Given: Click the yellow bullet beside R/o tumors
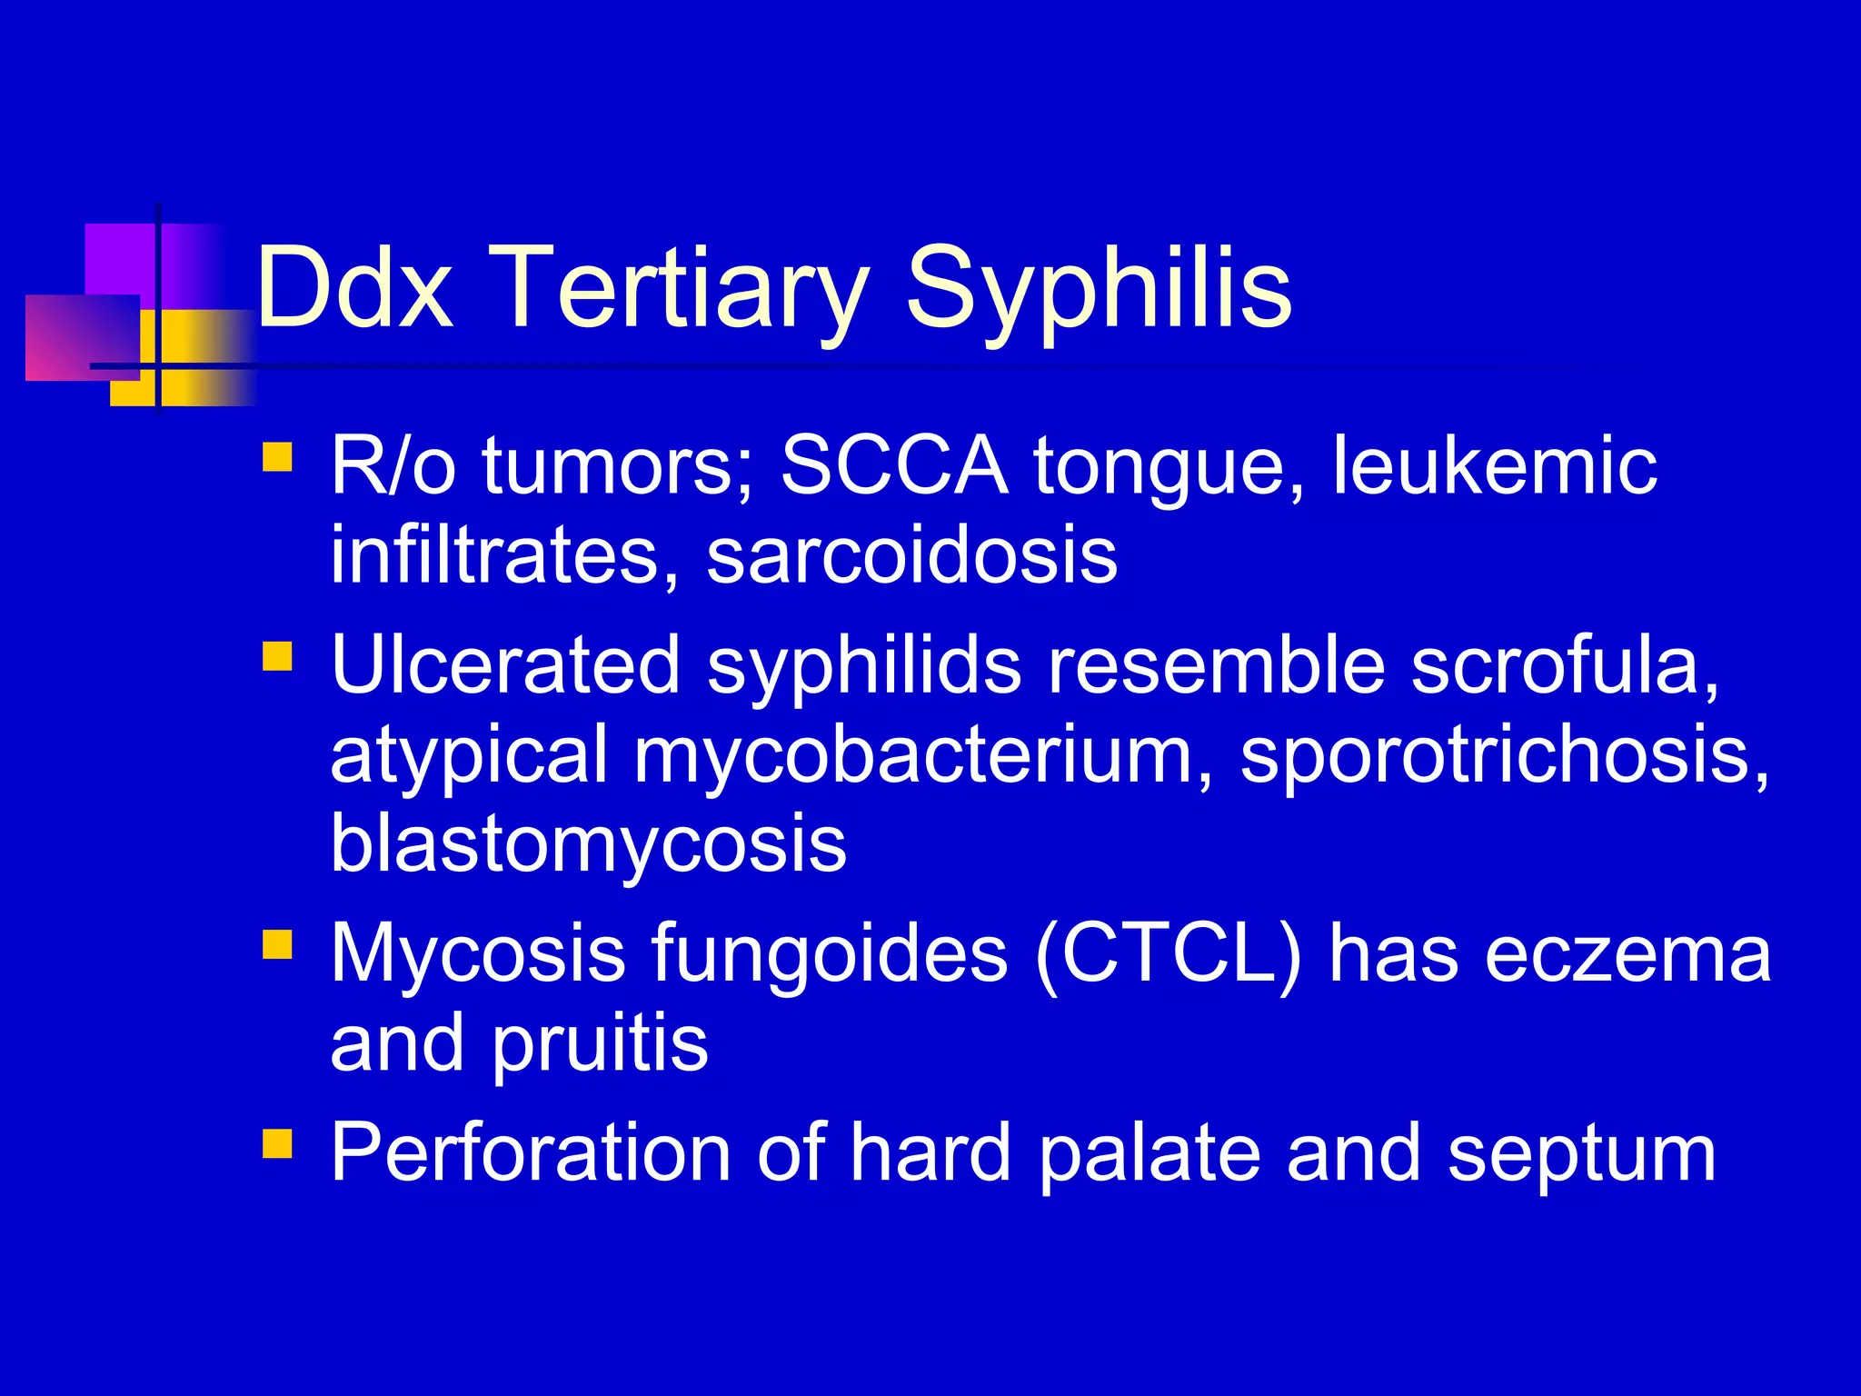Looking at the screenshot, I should [x=277, y=456].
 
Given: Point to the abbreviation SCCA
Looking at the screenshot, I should [x=894, y=466].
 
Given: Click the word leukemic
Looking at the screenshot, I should [x=1494, y=466].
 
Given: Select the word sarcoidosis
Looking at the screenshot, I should [x=911, y=555].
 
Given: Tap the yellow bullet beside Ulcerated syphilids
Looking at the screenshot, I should [x=277, y=655].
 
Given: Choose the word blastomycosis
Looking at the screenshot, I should [x=588, y=843].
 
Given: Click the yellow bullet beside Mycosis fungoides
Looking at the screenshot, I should [x=277, y=944].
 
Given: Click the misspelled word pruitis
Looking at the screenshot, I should [x=600, y=1043].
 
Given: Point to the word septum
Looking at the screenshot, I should [x=1581, y=1154].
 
